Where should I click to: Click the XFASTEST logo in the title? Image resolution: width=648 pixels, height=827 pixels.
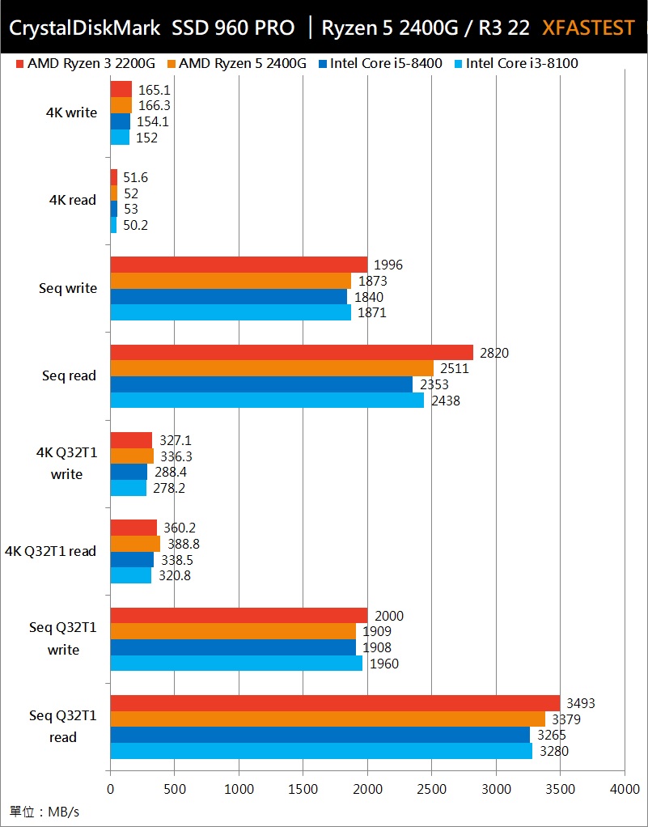point(588,28)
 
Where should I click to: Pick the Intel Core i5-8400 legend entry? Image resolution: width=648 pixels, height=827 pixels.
point(379,63)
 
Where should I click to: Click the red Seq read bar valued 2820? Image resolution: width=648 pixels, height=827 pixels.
point(291,352)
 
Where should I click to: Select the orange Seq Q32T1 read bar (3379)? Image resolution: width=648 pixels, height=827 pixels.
point(328,719)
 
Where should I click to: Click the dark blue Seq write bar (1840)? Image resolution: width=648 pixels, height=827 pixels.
point(228,297)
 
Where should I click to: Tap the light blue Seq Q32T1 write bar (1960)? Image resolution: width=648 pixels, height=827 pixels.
point(236,664)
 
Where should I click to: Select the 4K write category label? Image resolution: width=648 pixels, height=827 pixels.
point(71,113)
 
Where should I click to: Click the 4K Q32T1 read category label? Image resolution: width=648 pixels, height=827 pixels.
point(50,552)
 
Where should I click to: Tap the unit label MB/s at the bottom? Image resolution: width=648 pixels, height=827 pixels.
point(45,811)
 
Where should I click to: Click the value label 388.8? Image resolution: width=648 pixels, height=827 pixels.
point(184,545)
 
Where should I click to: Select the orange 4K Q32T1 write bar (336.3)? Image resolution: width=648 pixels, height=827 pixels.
point(132,456)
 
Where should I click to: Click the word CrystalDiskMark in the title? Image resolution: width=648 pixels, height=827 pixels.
point(86,28)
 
